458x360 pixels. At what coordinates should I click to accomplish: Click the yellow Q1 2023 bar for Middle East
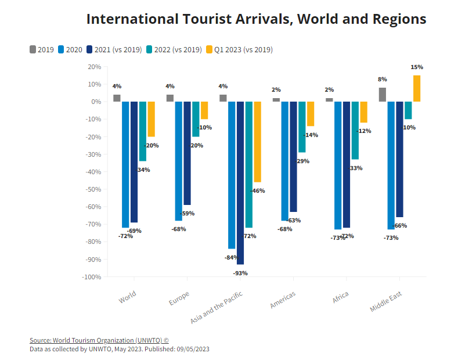(x=417, y=88)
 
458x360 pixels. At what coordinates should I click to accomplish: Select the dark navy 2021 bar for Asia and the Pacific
(x=240, y=182)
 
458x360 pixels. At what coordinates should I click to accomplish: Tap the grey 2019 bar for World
(x=117, y=98)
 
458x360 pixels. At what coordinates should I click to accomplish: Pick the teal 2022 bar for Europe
(x=196, y=119)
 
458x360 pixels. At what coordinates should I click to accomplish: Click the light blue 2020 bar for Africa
(x=338, y=165)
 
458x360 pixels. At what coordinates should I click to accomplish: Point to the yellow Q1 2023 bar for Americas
(x=311, y=114)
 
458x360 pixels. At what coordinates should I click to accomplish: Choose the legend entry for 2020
(x=69, y=49)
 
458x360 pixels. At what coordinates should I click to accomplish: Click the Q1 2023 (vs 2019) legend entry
(x=239, y=49)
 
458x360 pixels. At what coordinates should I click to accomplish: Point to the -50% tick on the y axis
(x=93, y=189)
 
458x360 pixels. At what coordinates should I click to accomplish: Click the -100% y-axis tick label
(x=92, y=277)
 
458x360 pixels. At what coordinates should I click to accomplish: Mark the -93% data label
(x=240, y=273)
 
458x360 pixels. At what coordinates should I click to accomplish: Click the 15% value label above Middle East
(x=417, y=67)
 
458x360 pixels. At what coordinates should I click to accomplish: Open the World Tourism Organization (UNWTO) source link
(x=99, y=340)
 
